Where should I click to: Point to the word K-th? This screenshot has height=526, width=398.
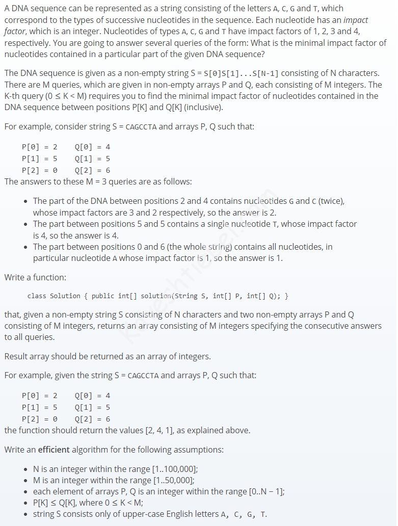14,96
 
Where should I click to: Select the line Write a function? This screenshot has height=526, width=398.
35,277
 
